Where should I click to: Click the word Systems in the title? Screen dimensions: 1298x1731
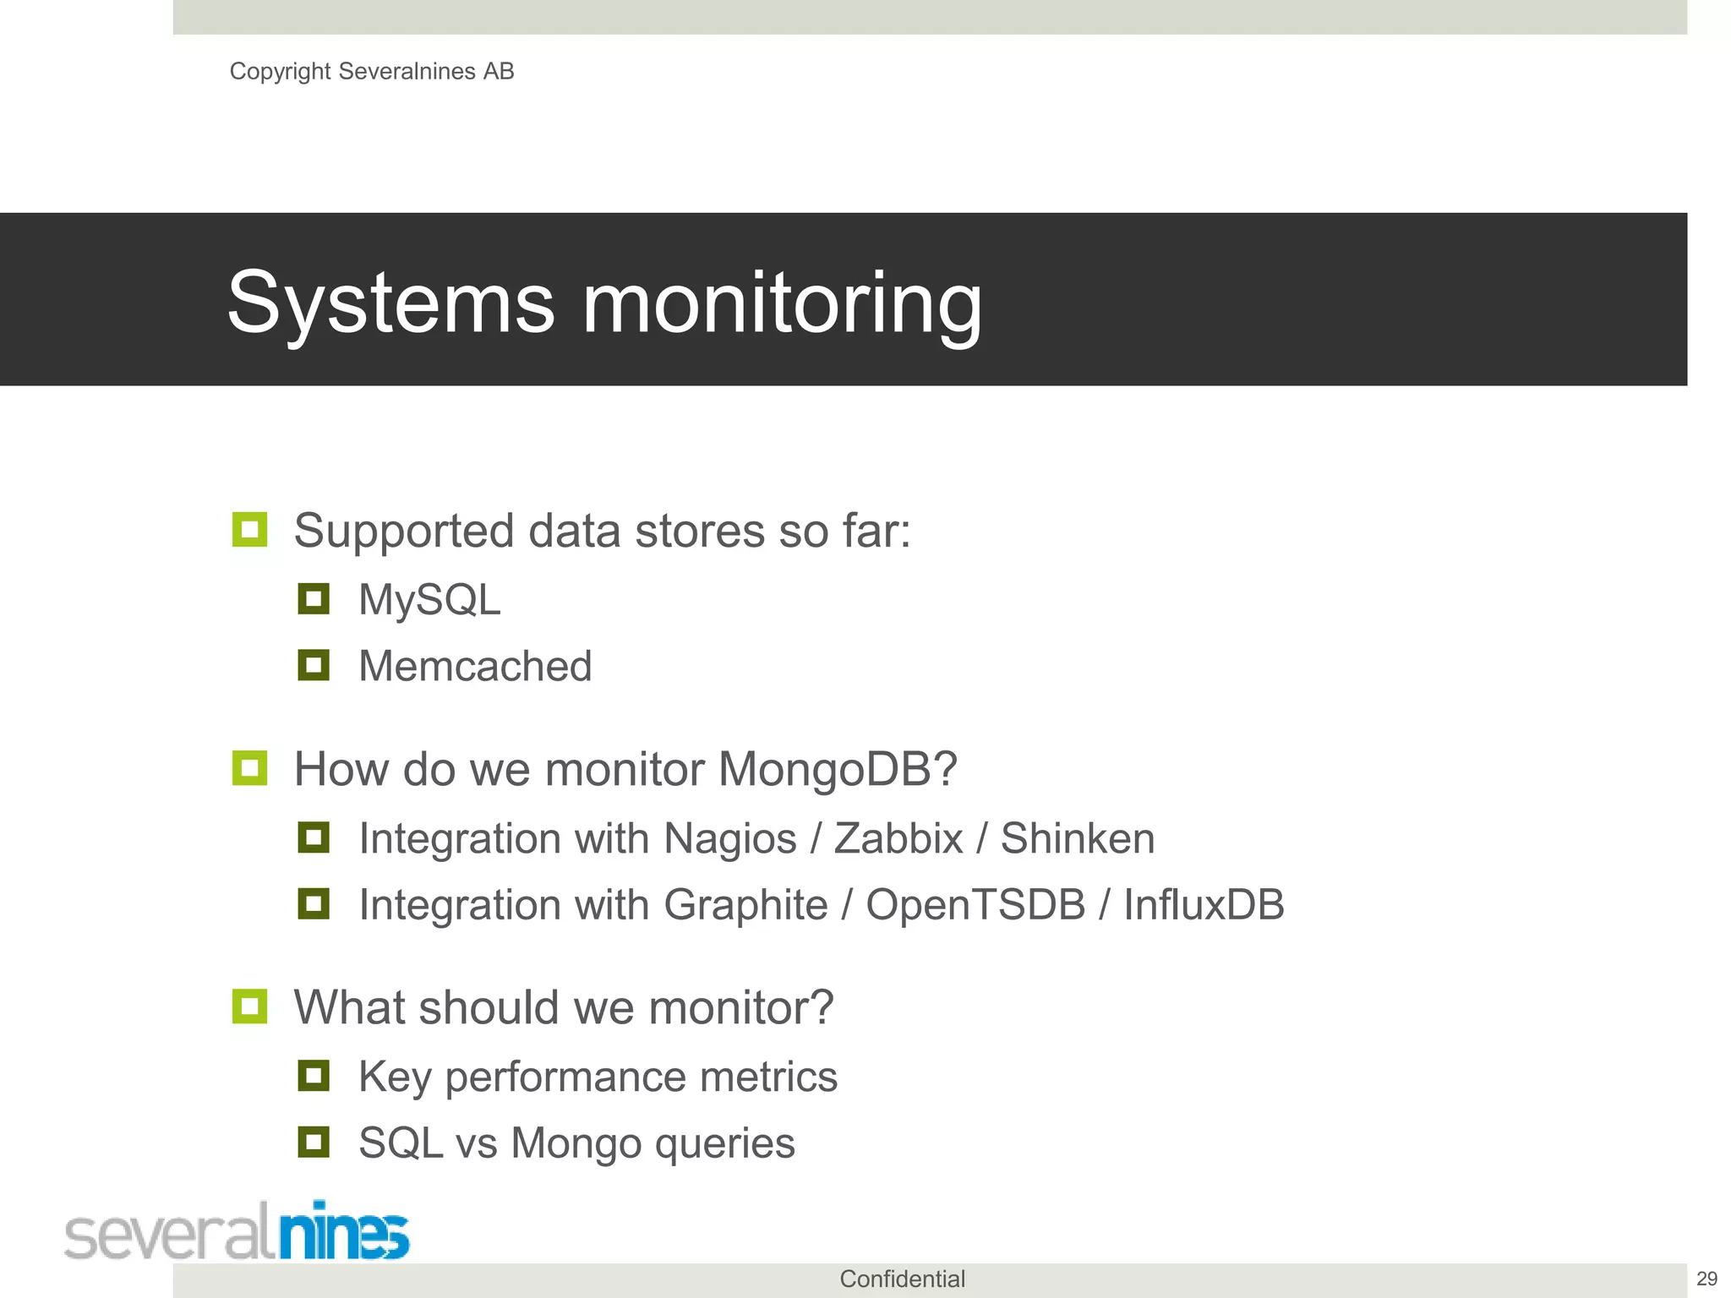(x=390, y=303)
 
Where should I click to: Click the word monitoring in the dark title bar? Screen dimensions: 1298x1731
(x=782, y=304)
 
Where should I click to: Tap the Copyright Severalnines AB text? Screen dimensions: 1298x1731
(x=372, y=72)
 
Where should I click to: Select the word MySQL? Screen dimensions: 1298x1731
(x=429, y=600)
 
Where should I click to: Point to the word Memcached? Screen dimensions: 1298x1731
(x=475, y=666)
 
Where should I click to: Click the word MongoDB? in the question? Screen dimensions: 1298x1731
(x=837, y=769)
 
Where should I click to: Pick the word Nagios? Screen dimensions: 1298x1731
(x=730, y=838)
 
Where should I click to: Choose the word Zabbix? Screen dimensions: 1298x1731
(x=898, y=838)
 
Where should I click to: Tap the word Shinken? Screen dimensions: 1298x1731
(x=1078, y=838)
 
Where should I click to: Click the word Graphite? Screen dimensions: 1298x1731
(x=745, y=904)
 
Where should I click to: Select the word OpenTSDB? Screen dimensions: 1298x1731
(x=975, y=904)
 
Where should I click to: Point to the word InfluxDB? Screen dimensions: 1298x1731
(x=1204, y=904)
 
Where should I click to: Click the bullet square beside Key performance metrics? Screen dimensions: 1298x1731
(x=314, y=1076)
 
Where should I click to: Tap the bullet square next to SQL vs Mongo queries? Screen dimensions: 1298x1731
(x=314, y=1143)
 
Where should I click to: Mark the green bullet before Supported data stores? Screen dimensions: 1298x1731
(x=249, y=530)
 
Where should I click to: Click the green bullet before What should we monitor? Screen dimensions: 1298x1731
(x=249, y=1006)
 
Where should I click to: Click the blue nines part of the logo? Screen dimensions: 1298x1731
(x=344, y=1232)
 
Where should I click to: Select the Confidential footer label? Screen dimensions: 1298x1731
(x=902, y=1279)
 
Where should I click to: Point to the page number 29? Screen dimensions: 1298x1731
(x=1706, y=1279)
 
